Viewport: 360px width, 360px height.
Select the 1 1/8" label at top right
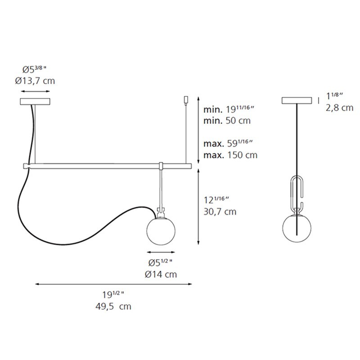click(335, 96)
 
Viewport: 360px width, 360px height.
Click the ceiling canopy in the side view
click(297, 100)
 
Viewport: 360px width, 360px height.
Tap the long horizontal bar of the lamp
click(108, 166)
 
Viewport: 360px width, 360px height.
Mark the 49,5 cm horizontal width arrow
click(113, 284)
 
